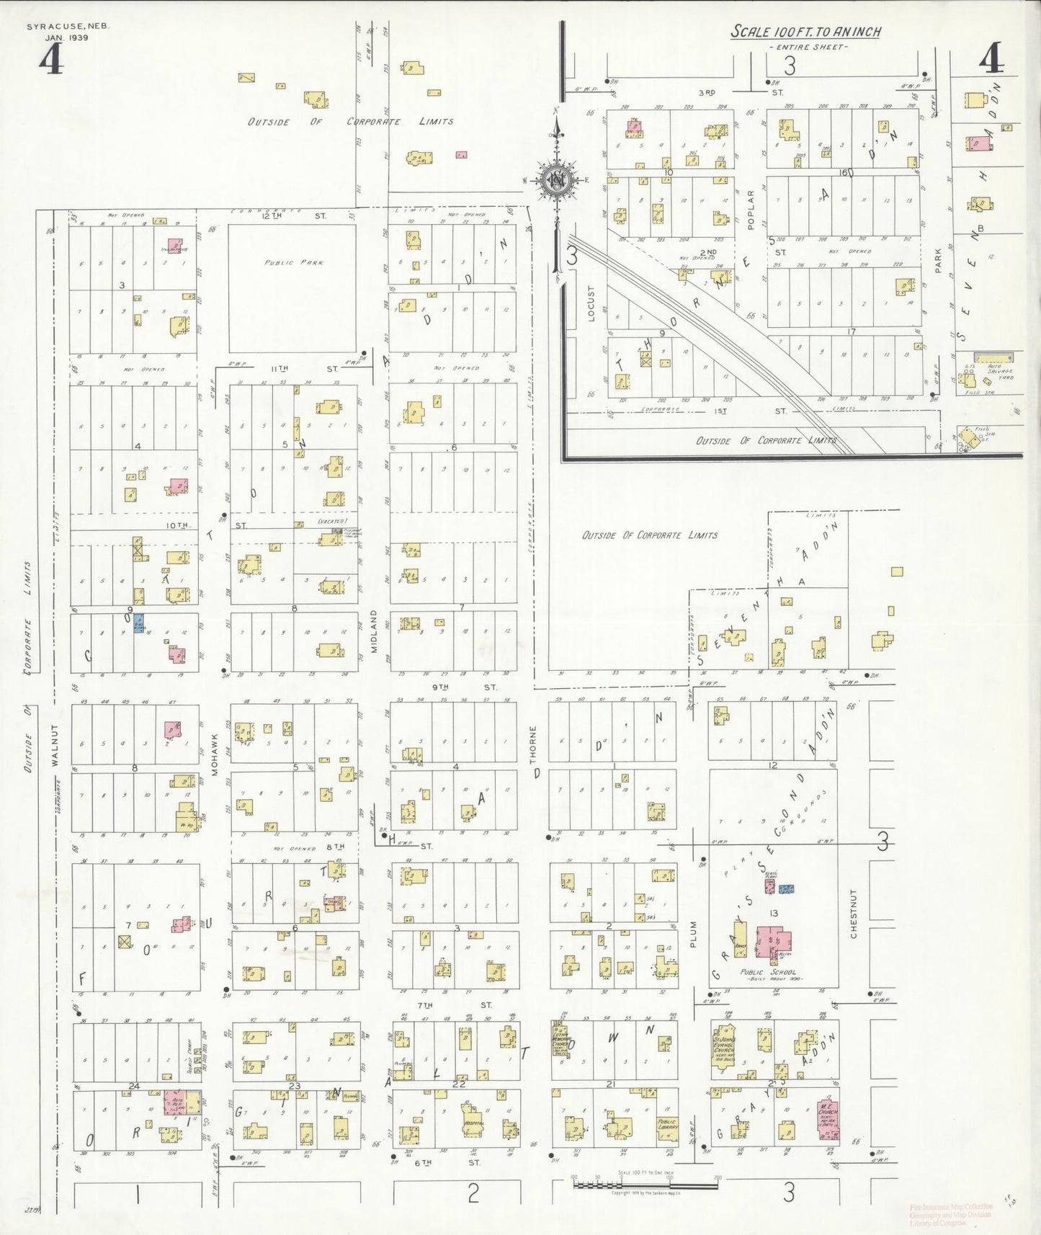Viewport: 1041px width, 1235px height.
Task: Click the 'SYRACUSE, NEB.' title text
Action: tap(68, 26)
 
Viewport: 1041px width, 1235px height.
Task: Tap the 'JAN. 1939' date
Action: tap(66, 37)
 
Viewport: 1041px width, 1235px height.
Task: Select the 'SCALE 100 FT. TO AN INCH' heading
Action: tap(805, 32)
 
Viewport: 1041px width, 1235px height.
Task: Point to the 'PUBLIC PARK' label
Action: tap(293, 263)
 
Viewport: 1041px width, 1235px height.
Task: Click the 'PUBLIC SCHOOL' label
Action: tap(768, 972)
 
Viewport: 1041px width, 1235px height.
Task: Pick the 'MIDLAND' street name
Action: tap(375, 631)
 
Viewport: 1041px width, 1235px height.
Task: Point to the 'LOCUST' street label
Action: tap(591, 303)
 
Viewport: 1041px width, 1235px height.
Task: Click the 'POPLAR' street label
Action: tap(750, 210)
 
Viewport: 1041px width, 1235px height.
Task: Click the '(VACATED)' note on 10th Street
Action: tap(331, 521)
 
